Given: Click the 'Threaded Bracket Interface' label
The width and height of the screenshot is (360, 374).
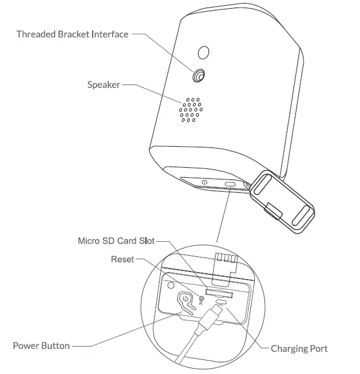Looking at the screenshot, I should [x=72, y=34].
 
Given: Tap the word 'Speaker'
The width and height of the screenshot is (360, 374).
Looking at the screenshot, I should [x=104, y=85].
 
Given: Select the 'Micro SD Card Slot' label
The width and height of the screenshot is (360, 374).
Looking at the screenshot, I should [x=116, y=241].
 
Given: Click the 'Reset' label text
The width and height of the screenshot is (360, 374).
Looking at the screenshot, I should [x=122, y=259].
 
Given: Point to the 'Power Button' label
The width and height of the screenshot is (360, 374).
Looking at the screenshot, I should [x=41, y=346].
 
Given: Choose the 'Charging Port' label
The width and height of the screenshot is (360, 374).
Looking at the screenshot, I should [x=299, y=349].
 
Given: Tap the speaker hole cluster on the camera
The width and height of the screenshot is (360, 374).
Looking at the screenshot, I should [x=190, y=108].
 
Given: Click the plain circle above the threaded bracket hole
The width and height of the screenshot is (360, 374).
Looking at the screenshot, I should [x=204, y=53].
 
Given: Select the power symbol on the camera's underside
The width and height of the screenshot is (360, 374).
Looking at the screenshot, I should [x=204, y=182].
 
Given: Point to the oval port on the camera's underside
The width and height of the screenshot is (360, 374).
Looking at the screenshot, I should [x=230, y=185].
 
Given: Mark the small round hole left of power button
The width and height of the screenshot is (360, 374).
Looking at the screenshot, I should [x=170, y=286].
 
